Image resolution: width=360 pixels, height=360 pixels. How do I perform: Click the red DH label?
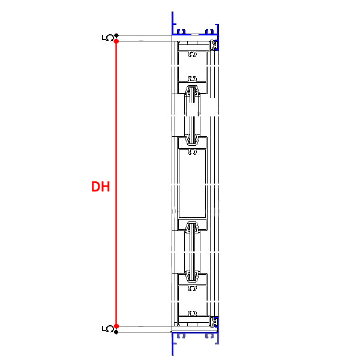[x=100, y=187]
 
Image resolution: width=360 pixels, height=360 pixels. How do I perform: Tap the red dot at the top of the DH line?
[x=116, y=41]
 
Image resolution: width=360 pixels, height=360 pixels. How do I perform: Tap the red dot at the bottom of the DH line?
[x=116, y=326]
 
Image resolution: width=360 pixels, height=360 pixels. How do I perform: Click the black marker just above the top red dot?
[x=116, y=35]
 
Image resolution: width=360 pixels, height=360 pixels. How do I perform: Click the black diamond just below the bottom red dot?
[x=116, y=332]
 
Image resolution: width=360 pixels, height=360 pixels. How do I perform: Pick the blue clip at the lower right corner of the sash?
[x=214, y=322]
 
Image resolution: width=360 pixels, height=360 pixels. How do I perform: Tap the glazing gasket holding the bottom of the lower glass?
[x=193, y=277]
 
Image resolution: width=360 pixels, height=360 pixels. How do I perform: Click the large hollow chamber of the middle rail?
[x=193, y=186]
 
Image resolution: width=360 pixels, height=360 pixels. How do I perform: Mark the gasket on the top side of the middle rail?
[x=193, y=139]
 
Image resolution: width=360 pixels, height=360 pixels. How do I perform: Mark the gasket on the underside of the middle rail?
[x=193, y=228]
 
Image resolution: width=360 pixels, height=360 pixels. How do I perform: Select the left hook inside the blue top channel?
[x=182, y=30]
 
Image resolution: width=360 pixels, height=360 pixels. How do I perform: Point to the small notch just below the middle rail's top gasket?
[x=193, y=152]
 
